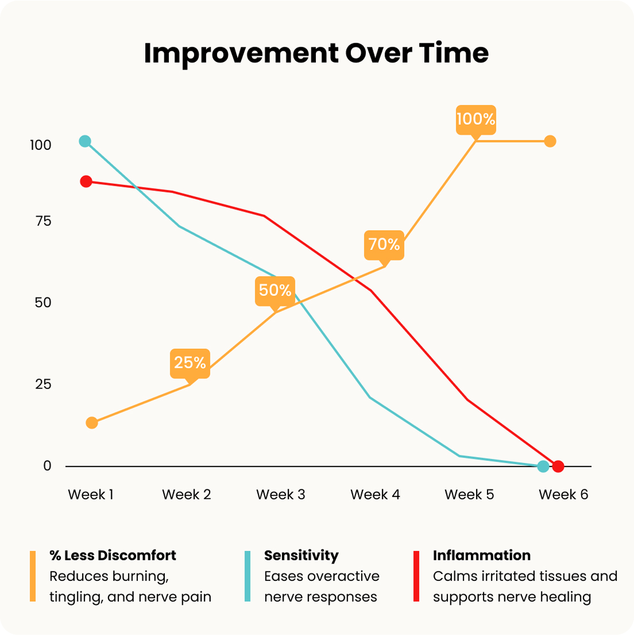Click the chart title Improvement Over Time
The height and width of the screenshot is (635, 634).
click(316, 53)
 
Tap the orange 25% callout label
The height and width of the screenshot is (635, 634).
click(190, 363)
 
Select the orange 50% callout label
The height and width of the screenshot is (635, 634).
click(275, 290)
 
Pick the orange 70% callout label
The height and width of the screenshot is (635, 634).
click(384, 244)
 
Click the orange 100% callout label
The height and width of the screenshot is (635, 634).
click(475, 119)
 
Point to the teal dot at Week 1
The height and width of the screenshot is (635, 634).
click(85, 141)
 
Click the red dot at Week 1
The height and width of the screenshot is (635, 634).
click(86, 182)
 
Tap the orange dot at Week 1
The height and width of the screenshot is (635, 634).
click(92, 423)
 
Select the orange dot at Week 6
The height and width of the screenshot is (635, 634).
click(550, 141)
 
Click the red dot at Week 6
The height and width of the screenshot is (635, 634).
click(558, 467)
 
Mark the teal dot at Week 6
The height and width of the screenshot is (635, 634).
click(543, 467)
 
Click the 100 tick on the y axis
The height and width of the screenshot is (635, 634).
click(41, 145)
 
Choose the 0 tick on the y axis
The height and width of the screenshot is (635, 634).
click(47, 466)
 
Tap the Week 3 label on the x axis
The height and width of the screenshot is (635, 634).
click(281, 495)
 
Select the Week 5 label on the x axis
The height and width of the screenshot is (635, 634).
click(469, 495)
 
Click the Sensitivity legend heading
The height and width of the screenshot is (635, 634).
click(301, 556)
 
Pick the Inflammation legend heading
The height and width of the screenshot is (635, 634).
click(481, 556)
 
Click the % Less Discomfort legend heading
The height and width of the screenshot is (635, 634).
click(113, 556)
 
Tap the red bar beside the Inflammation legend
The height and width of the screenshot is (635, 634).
click(416, 576)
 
